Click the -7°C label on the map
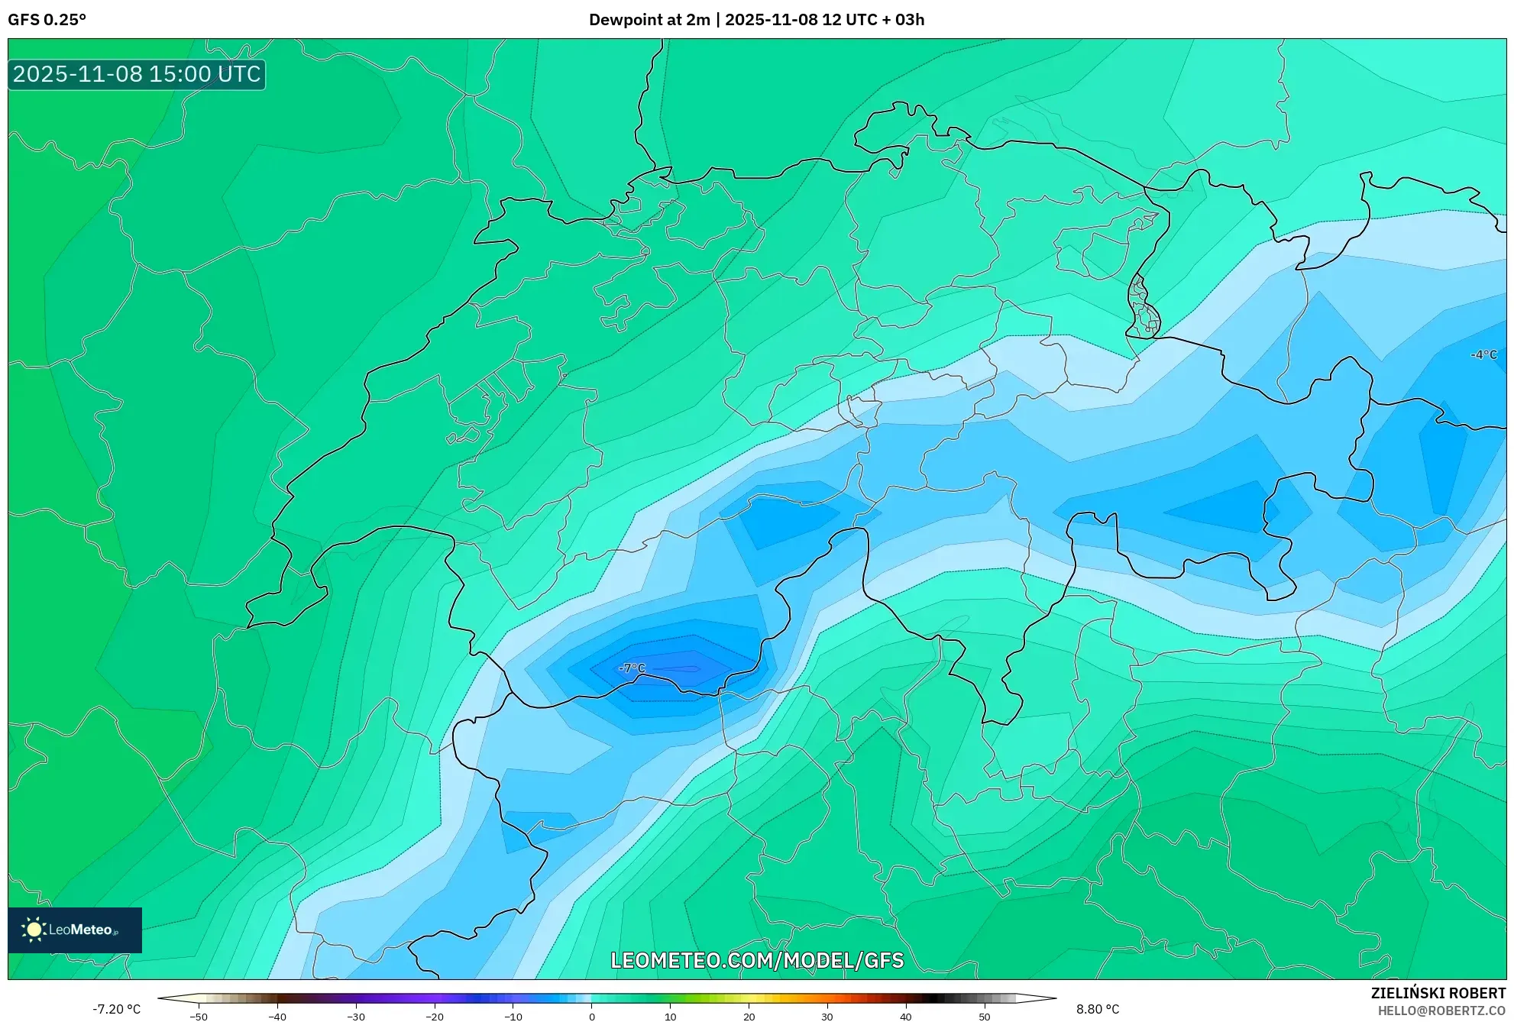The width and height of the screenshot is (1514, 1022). [632, 668]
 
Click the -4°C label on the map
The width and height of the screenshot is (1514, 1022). [1483, 354]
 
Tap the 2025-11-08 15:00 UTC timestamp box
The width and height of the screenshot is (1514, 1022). [137, 74]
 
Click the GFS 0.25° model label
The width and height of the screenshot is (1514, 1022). [47, 20]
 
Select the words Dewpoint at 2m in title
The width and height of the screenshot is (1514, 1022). [649, 20]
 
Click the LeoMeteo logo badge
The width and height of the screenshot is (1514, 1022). [75, 930]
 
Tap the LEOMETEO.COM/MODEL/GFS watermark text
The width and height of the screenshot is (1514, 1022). [757, 960]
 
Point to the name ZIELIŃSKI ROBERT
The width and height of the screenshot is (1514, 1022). [1438, 993]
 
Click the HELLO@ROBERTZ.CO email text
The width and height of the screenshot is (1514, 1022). [1441, 1011]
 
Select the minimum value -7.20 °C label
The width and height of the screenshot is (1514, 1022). [117, 1009]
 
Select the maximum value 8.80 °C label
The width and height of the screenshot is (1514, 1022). [1098, 1009]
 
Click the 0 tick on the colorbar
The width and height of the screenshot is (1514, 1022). [592, 1017]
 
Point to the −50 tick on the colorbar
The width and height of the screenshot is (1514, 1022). [199, 1017]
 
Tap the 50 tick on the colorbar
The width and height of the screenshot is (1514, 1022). [985, 1017]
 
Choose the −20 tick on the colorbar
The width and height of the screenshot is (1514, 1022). [435, 1017]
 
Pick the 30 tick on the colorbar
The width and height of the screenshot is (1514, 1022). [827, 1017]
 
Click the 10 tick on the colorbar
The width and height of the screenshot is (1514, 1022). [671, 1017]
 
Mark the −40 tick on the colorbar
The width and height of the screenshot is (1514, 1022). [277, 1017]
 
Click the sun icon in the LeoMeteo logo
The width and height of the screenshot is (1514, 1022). [34, 930]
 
